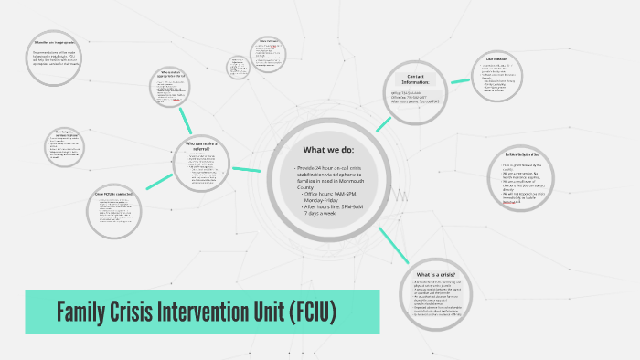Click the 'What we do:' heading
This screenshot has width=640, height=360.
330,150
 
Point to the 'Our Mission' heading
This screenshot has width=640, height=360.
496,59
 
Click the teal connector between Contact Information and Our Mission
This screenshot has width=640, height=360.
462,72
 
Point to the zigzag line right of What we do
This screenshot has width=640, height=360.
400,195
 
